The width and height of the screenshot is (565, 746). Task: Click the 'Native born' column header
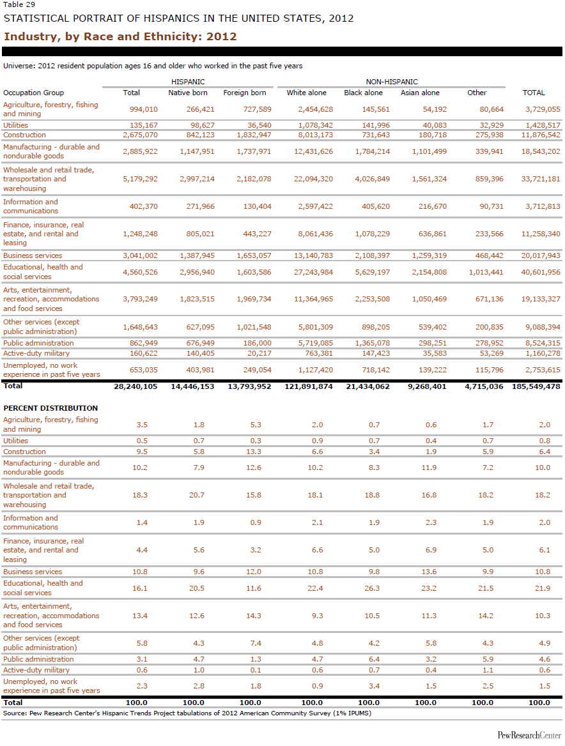[187, 93]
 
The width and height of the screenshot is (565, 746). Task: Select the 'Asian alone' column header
[420, 93]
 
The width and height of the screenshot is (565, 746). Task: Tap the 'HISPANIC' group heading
[188, 82]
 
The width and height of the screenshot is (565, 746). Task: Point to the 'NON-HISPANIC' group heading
[392, 82]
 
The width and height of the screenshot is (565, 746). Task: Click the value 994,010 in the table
[144, 109]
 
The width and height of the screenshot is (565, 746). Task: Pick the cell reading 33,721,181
[541, 179]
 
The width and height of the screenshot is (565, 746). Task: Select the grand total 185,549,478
[536, 386]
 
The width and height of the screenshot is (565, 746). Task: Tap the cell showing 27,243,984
[313, 272]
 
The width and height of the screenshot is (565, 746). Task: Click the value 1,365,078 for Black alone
[372, 343]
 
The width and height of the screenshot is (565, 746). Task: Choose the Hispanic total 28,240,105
[135, 386]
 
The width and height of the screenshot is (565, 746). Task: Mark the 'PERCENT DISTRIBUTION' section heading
[50, 408]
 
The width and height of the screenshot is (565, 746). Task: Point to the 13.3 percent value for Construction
[254, 452]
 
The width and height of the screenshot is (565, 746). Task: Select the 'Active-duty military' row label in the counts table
[36, 353]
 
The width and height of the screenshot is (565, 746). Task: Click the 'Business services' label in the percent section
[33, 572]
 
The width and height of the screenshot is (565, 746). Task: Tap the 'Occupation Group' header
[33, 93]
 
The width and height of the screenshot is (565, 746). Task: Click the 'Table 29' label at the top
[19, 4]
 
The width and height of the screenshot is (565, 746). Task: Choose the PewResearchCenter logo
[529, 736]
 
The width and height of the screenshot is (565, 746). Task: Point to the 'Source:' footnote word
[15, 713]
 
